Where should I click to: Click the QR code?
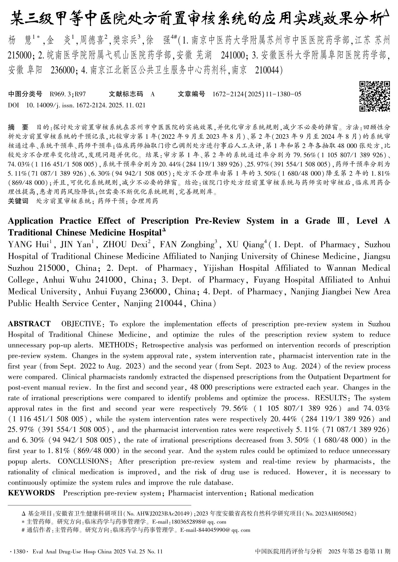tap(375, 96)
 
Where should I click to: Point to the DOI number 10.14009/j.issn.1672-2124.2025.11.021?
tap(86, 105)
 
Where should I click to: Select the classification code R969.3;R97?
tap(68, 94)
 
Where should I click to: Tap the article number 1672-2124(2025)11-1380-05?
tap(257, 94)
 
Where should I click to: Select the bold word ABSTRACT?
tap(29, 324)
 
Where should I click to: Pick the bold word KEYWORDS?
tap(31, 493)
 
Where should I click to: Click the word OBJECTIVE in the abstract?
tap(81, 324)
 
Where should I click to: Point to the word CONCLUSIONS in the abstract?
tap(83, 461)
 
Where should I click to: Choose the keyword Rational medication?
tap(282, 493)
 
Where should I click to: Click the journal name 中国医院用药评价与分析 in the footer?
tap(288, 551)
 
